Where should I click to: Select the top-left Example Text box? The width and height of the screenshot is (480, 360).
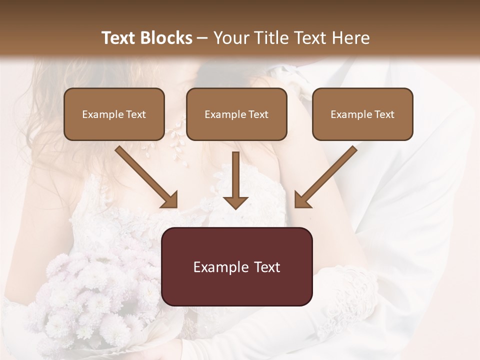tap(114, 114)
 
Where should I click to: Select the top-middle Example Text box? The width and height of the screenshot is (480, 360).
tap(236, 114)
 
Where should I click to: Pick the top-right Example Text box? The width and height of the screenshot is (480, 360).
tap(362, 114)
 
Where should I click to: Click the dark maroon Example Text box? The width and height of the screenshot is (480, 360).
tap(237, 266)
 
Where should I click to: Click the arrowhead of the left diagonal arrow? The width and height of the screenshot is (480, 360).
tap(170, 200)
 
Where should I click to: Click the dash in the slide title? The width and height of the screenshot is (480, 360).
tap(202, 38)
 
